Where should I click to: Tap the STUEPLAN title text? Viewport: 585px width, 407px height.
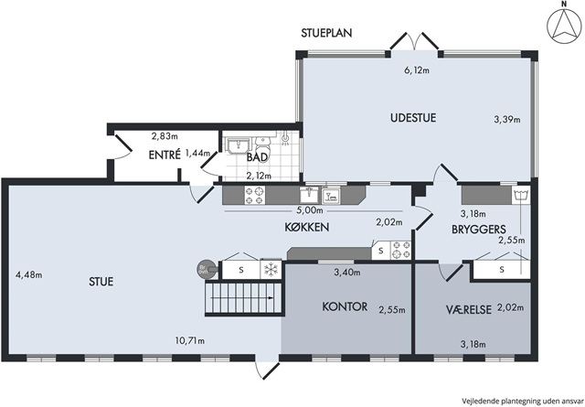[x=326, y=33]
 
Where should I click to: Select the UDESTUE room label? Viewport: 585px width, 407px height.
[x=413, y=118]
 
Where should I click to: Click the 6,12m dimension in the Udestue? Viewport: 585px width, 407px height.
[x=417, y=70]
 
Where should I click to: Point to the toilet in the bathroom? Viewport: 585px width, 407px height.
[x=264, y=143]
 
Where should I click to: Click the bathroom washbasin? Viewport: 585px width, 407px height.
[x=238, y=145]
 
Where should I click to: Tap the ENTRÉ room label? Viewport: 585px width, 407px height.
[x=165, y=155]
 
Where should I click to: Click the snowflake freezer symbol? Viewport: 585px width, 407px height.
[x=271, y=269]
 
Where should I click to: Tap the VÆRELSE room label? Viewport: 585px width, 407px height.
[x=469, y=309]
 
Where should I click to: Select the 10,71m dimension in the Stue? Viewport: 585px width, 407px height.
[x=190, y=340]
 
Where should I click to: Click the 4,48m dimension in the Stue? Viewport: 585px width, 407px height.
[x=28, y=275]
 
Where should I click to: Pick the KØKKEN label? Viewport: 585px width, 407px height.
[x=307, y=227]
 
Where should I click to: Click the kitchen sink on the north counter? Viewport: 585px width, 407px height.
[x=309, y=195]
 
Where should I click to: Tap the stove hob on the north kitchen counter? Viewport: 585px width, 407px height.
[x=255, y=196]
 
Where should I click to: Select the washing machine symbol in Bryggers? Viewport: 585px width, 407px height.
[x=521, y=196]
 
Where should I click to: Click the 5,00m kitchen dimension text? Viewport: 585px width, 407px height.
[x=310, y=210]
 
